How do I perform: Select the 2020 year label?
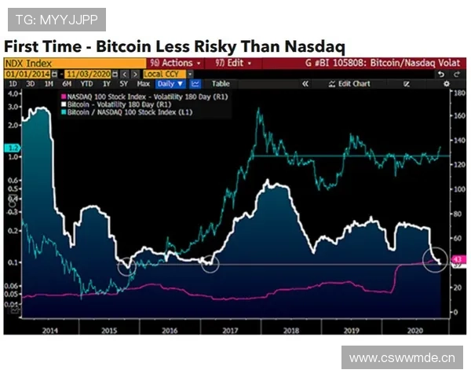[x=415, y=331]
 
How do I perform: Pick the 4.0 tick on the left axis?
[x=13, y=93]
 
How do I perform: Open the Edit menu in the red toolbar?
[x=238, y=63]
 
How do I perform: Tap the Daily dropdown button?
[x=170, y=83]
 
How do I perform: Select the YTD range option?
[x=86, y=83]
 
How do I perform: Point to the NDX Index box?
[x=27, y=63]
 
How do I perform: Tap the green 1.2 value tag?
[x=12, y=148]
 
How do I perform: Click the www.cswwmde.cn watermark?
[x=402, y=358]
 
